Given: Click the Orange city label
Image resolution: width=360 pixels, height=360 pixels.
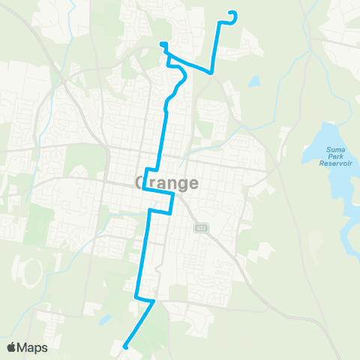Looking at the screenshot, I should tap(166, 183).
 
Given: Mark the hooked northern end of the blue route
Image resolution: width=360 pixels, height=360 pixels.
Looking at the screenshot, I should tap(234, 13).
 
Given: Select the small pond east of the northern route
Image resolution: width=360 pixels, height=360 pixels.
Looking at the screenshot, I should tap(253, 81).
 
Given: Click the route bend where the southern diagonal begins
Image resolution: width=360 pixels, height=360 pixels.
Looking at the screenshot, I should tap(154, 301).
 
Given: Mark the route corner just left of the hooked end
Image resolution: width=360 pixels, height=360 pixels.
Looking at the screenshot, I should tap(220, 22).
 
